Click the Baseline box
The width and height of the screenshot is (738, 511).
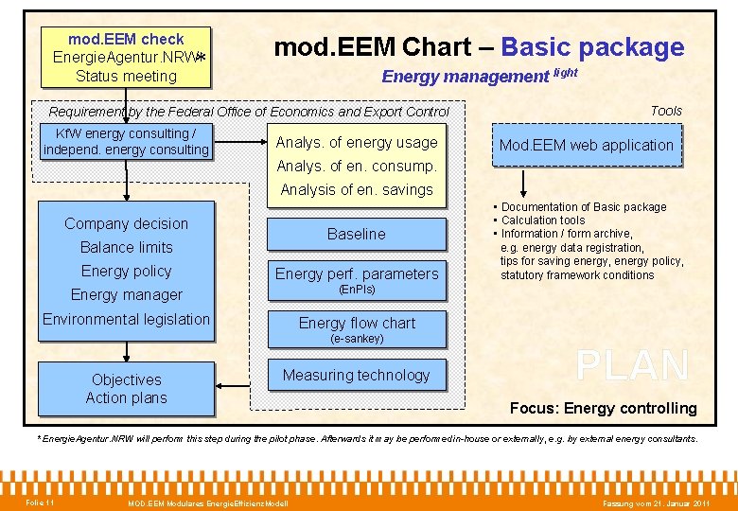356,234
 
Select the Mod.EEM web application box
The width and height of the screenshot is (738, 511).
586,146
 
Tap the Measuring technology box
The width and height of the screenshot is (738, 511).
356,376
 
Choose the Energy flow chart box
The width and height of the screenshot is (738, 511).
356,323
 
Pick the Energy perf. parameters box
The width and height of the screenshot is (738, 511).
356,273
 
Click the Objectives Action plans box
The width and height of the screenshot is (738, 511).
127,389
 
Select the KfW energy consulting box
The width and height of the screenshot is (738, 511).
126,142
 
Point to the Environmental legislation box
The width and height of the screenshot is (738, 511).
126,319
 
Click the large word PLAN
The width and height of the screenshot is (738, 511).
632,366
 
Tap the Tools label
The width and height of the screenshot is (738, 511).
666,111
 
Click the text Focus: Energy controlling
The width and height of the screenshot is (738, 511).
603,409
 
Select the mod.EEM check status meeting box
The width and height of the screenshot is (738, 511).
126,57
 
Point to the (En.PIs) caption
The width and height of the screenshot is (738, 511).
356,290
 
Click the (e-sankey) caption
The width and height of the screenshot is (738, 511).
356,339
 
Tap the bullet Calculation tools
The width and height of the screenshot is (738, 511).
543,220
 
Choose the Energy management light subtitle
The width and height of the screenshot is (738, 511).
479,77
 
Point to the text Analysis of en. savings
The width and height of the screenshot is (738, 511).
356,189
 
